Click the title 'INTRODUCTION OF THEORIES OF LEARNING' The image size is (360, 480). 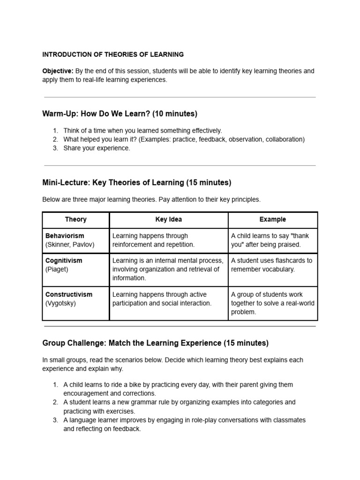coord(113,54)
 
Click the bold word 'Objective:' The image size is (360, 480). coord(58,71)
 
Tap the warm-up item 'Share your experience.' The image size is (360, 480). coord(97,148)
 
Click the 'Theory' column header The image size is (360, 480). coord(75,219)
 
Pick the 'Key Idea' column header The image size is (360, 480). coord(168,219)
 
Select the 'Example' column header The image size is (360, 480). coord(272,219)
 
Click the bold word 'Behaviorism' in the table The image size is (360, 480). coord(65,236)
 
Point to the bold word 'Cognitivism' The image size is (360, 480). coord(64,261)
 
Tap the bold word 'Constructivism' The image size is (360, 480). coord(69,294)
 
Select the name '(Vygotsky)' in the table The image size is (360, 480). coord(60,303)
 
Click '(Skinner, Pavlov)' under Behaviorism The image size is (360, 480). coord(69,245)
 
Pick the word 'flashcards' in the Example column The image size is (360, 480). coord(283,261)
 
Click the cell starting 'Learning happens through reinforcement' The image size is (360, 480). coord(153,240)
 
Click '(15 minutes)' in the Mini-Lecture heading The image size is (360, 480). coord(209,182)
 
